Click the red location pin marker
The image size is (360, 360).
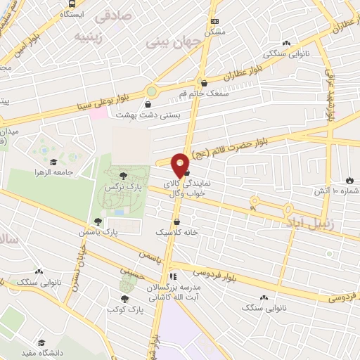coord(181,164)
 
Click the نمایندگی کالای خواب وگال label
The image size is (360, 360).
coord(205,188)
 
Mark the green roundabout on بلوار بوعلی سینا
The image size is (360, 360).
coord(151,91)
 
